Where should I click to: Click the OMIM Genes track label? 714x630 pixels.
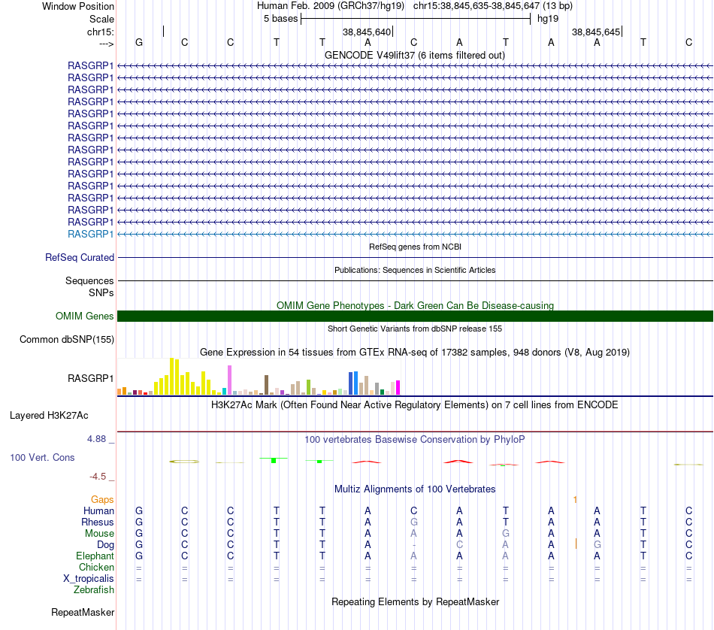click(x=84, y=317)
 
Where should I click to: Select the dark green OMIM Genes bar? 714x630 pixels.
click(x=415, y=317)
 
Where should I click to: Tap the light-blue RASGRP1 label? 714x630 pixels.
click(x=90, y=234)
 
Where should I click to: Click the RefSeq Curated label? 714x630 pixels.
click(x=79, y=257)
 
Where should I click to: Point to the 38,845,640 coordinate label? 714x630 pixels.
click(x=367, y=32)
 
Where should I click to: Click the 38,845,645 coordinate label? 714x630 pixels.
click(x=595, y=32)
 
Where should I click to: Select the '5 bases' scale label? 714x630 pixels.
click(x=280, y=19)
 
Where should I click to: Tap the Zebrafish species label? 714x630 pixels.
click(x=94, y=590)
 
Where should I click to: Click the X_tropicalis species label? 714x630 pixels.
click(x=89, y=579)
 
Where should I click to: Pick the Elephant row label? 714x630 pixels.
click(x=95, y=556)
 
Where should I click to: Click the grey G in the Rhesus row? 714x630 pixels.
click(x=413, y=522)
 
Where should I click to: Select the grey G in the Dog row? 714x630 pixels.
click(x=597, y=545)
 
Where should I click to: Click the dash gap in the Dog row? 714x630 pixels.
click(x=413, y=545)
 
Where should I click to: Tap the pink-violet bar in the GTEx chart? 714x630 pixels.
click(x=229, y=380)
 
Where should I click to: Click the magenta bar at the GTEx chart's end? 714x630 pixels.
click(x=398, y=388)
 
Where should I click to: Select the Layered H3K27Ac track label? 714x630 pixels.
click(x=49, y=416)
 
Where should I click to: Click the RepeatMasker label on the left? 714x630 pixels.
click(x=83, y=613)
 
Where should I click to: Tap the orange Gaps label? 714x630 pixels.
click(x=102, y=500)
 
